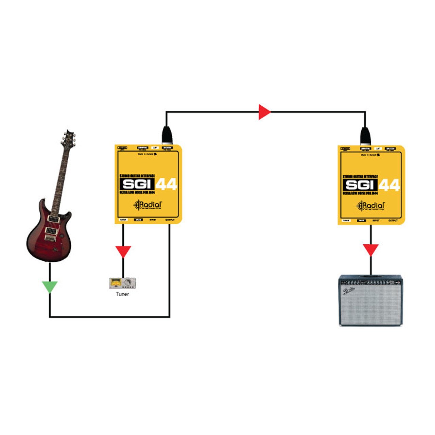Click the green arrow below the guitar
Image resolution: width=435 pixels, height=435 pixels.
pyautogui.click(x=50, y=287)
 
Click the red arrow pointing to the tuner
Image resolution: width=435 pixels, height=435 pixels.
pyautogui.click(x=123, y=251)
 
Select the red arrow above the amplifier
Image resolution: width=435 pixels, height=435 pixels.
pyautogui.click(x=370, y=249)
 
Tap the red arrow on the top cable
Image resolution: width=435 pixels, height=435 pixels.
pyautogui.click(x=264, y=112)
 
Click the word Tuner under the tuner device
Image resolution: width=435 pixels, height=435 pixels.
pyautogui.click(x=122, y=294)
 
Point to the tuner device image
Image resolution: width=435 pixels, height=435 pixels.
pyautogui.click(x=122, y=283)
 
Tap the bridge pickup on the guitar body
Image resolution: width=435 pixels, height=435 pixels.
pyautogui.click(x=50, y=231)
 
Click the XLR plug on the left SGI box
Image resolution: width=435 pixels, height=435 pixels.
pyautogui.click(x=167, y=135)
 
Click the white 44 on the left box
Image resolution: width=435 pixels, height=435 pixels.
pyautogui.click(x=167, y=185)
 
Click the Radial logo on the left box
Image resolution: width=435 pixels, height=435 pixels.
pyautogui.click(x=148, y=205)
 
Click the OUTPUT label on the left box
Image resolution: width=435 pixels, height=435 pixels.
pyautogui.click(x=170, y=220)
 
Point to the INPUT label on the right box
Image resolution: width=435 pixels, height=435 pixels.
pyautogui.click(x=376, y=221)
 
